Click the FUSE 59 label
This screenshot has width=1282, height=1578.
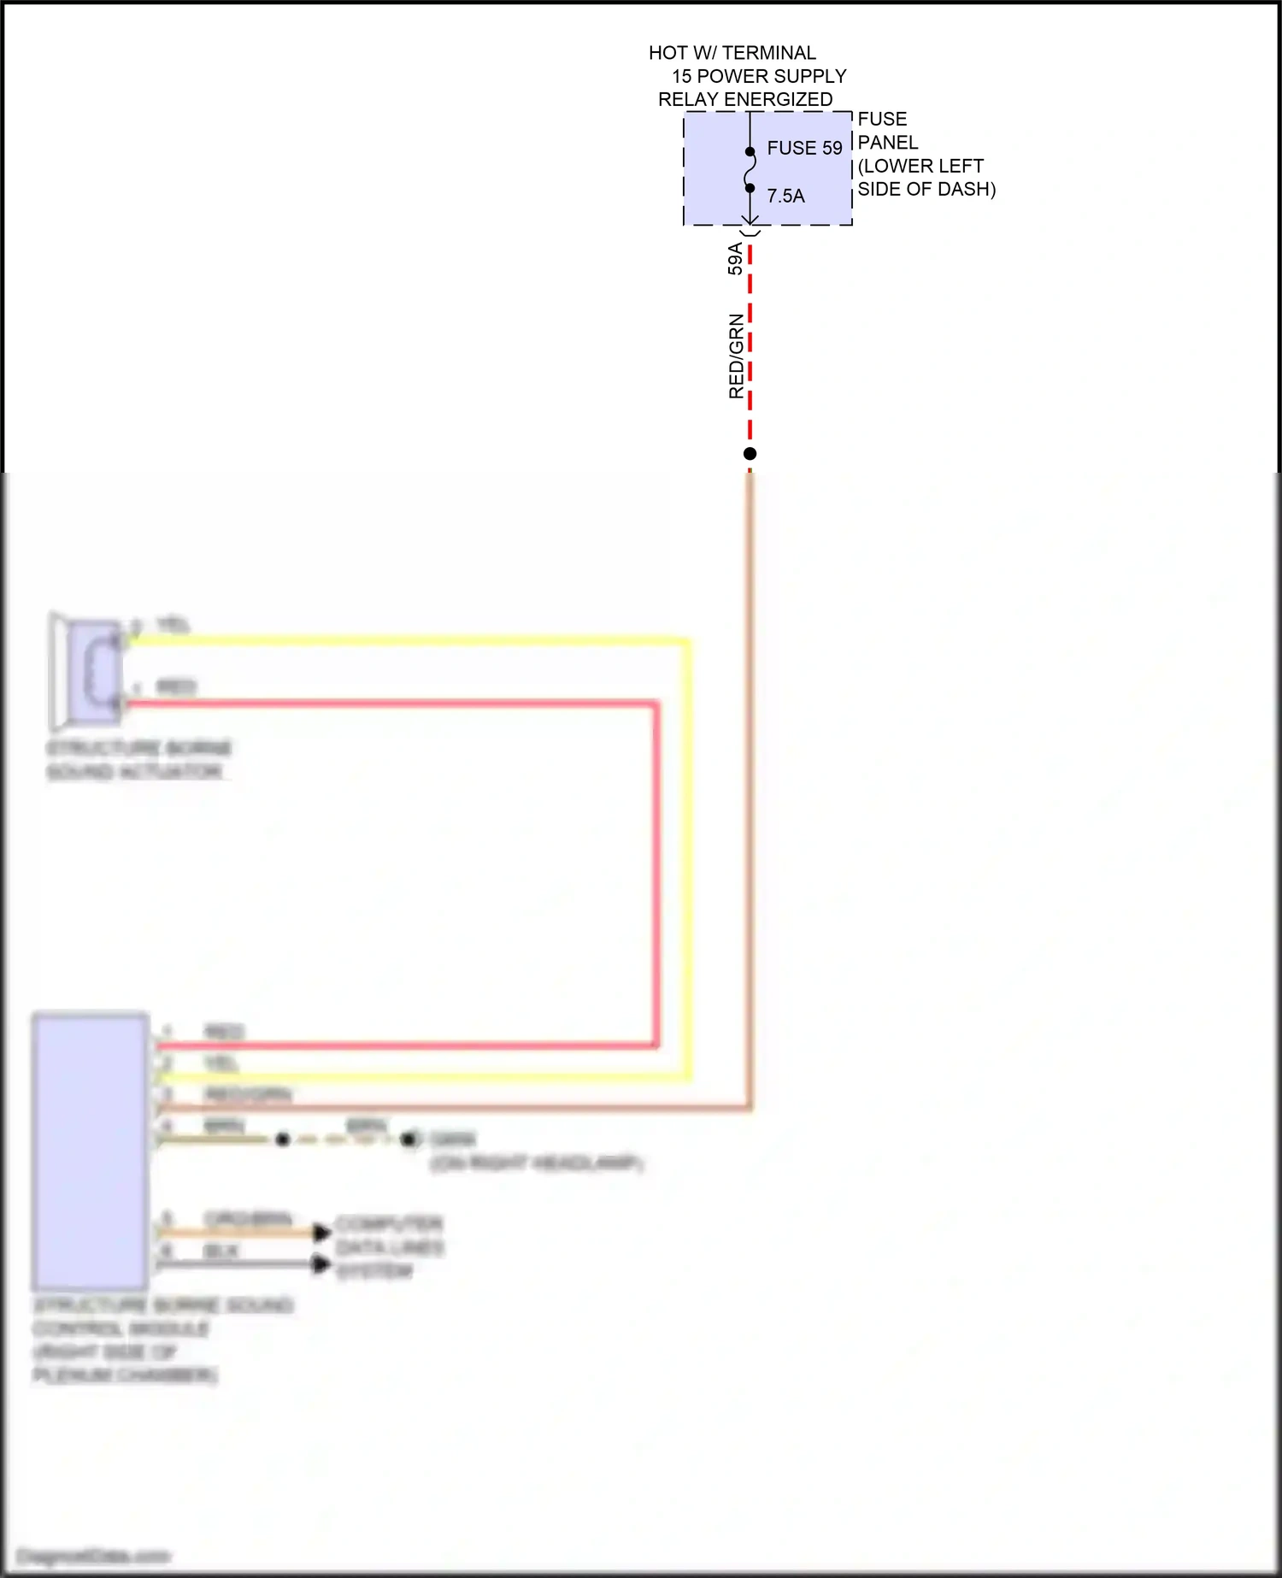pyautogui.click(x=804, y=148)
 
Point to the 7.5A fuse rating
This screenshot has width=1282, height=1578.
pyautogui.click(x=785, y=196)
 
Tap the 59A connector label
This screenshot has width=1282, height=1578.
pyautogui.click(x=735, y=258)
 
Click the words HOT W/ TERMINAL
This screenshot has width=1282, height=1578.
pyautogui.click(x=732, y=53)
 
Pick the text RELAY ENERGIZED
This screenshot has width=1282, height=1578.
pyautogui.click(x=744, y=99)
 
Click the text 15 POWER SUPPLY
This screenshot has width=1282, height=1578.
pyautogui.click(x=758, y=76)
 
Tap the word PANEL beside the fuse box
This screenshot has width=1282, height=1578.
pyautogui.click(x=887, y=142)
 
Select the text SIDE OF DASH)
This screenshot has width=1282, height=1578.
pyautogui.click(x=926, y=189)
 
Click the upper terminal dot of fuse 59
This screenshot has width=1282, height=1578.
pyautogui.click(x=750, y=152)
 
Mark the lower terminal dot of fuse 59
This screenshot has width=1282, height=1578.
pyautogui.click(x=750, y=188)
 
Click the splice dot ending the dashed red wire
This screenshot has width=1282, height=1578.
pyautogui.click(x=750, y=454)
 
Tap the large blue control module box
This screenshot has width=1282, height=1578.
pyautogui.click(x=91, y=1151)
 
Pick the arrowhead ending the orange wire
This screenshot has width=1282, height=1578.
pyautogui.click(x=321, y=1232)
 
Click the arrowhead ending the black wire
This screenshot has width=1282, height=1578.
pyautogui.click(x=321, y=1263)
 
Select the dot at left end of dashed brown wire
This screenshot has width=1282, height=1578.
pyautogui.click(x=283, y=1139)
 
